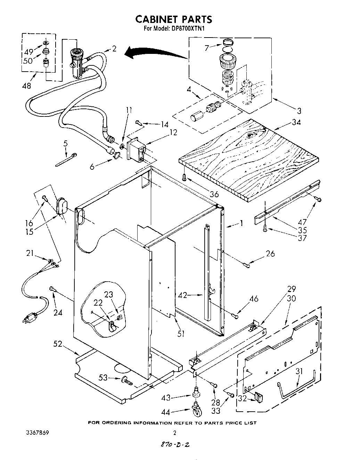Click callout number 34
point(296,122)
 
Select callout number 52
point(58,344)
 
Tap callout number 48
point(26,86)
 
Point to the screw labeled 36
point(185,178)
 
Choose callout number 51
point(181,334)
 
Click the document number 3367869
point(37,433)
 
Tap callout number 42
point(182,296)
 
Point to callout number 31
point(299,371)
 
